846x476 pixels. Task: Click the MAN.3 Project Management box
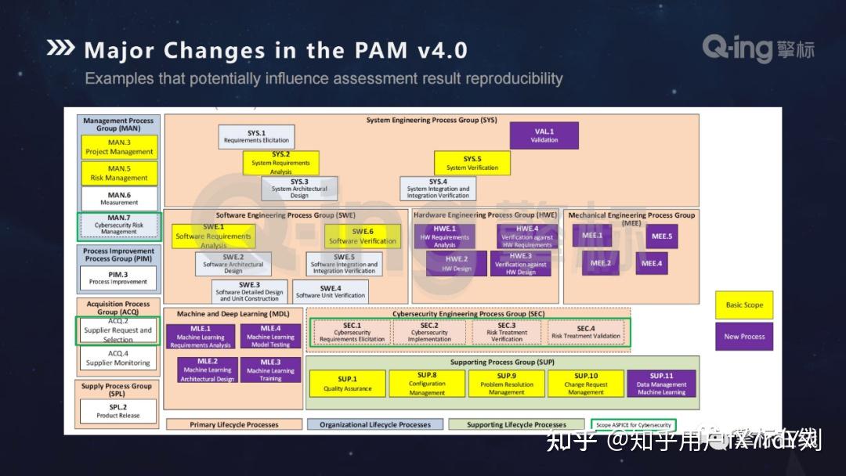[119, 147]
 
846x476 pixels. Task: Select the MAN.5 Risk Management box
[119, 173]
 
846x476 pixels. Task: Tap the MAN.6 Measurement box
[119, 198]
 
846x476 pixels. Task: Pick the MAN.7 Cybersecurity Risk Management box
[119, 227]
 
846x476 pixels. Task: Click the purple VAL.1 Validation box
[544, 135]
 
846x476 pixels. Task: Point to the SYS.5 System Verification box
[472, 163]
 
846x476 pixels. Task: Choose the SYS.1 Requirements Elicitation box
[256, 137]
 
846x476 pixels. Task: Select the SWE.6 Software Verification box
[363, 236]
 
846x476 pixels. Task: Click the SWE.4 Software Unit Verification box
[331, 291]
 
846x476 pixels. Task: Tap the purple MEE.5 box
[662, 236]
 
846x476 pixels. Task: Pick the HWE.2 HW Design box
[457, 263]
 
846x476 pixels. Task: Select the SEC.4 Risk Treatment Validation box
[586, 333]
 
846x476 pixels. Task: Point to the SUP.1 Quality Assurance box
[347, 384]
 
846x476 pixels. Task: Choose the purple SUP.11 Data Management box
[661, 384]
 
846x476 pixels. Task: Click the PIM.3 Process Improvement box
[119, 278]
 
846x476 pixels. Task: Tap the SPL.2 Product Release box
[119, 411]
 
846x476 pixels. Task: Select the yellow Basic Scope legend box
[744, 305]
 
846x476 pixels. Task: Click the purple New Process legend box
[744, 337]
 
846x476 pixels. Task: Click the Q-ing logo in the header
[757, 49]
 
